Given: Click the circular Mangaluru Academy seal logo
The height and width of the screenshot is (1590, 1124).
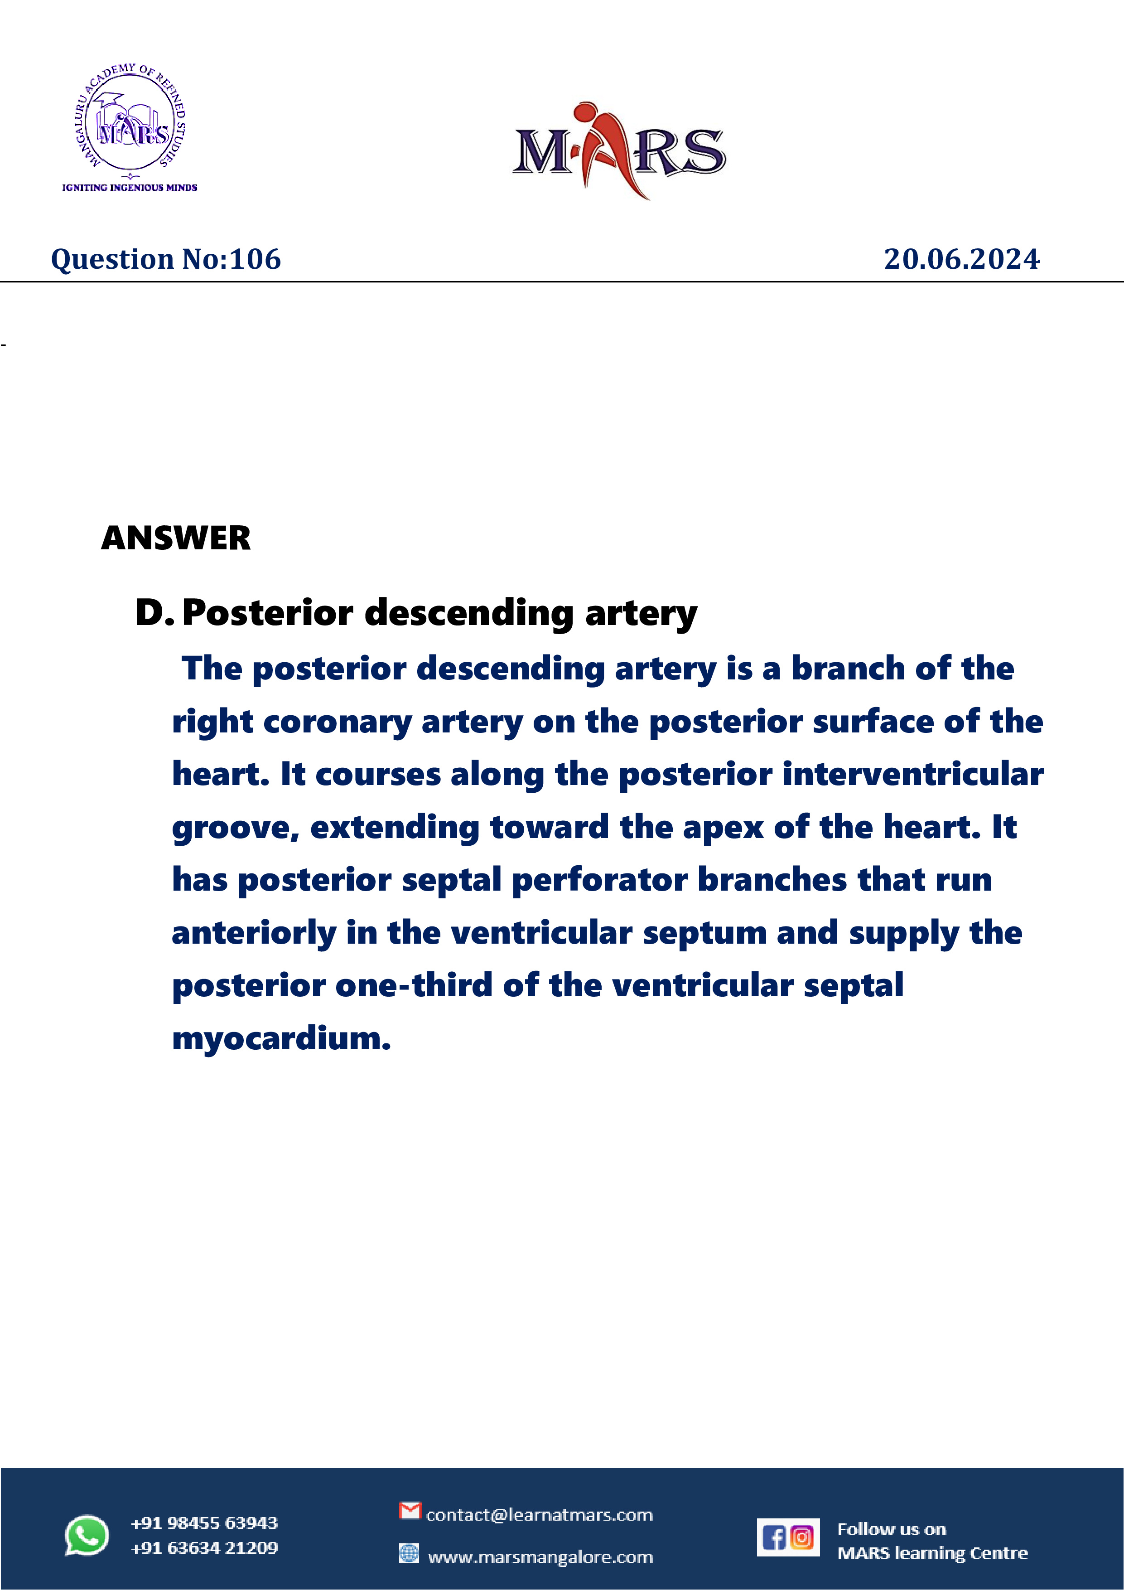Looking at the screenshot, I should pyautogui.click(x=130, y=123).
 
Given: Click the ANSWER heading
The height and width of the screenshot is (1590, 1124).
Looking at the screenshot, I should pyautogui.click(x=176, y=538).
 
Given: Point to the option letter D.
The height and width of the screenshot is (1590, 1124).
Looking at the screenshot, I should pyautogui.click(x=150, y=613).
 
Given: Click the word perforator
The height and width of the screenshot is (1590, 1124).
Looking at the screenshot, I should pyautogui.click(x=599, y=880).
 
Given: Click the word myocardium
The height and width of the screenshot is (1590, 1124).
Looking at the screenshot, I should pyautogui.click(x=281, y=1039).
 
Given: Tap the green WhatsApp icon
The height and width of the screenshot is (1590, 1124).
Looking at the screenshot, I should pyautogui.click(x=87, y=1535).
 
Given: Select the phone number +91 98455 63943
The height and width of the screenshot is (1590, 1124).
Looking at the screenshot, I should pyautogui.click(x=204, y=1523).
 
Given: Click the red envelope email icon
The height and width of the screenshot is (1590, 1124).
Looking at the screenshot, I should pyautogui.click(x=410, y=1510).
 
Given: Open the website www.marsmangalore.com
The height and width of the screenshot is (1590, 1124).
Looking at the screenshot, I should pyautogui.click(x=540, y=1557).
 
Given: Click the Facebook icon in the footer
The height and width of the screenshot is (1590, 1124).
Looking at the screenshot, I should pyautogui.click(x=774, y=1537).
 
